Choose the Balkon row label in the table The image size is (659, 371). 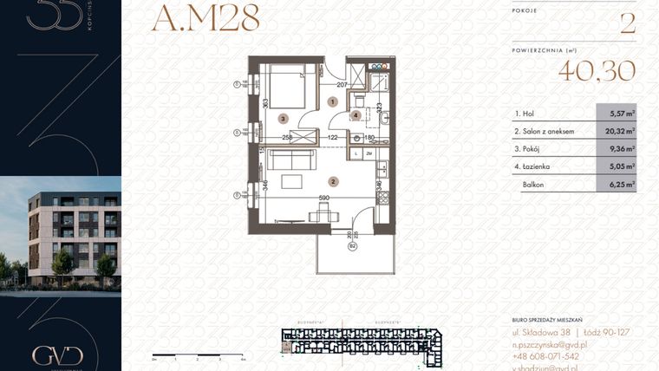pos(534,185)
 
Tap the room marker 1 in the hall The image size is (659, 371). pos(333,102)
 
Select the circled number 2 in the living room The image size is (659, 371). pos(333,181)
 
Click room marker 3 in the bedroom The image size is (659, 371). pos(282,118)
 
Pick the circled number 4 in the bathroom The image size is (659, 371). pos(356,115)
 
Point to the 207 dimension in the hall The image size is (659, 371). pos(342,85)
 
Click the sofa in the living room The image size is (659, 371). pos(290,159)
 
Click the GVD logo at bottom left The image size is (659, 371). pos(57,355)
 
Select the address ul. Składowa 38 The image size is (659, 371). pos(541,333)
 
